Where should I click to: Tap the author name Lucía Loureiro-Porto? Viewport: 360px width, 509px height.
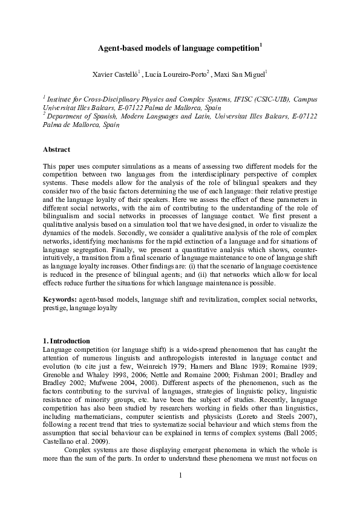pos(177,74)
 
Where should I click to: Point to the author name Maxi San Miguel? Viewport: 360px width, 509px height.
pos(238,74)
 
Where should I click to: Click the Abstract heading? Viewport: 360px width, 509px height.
pos(57,149)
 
